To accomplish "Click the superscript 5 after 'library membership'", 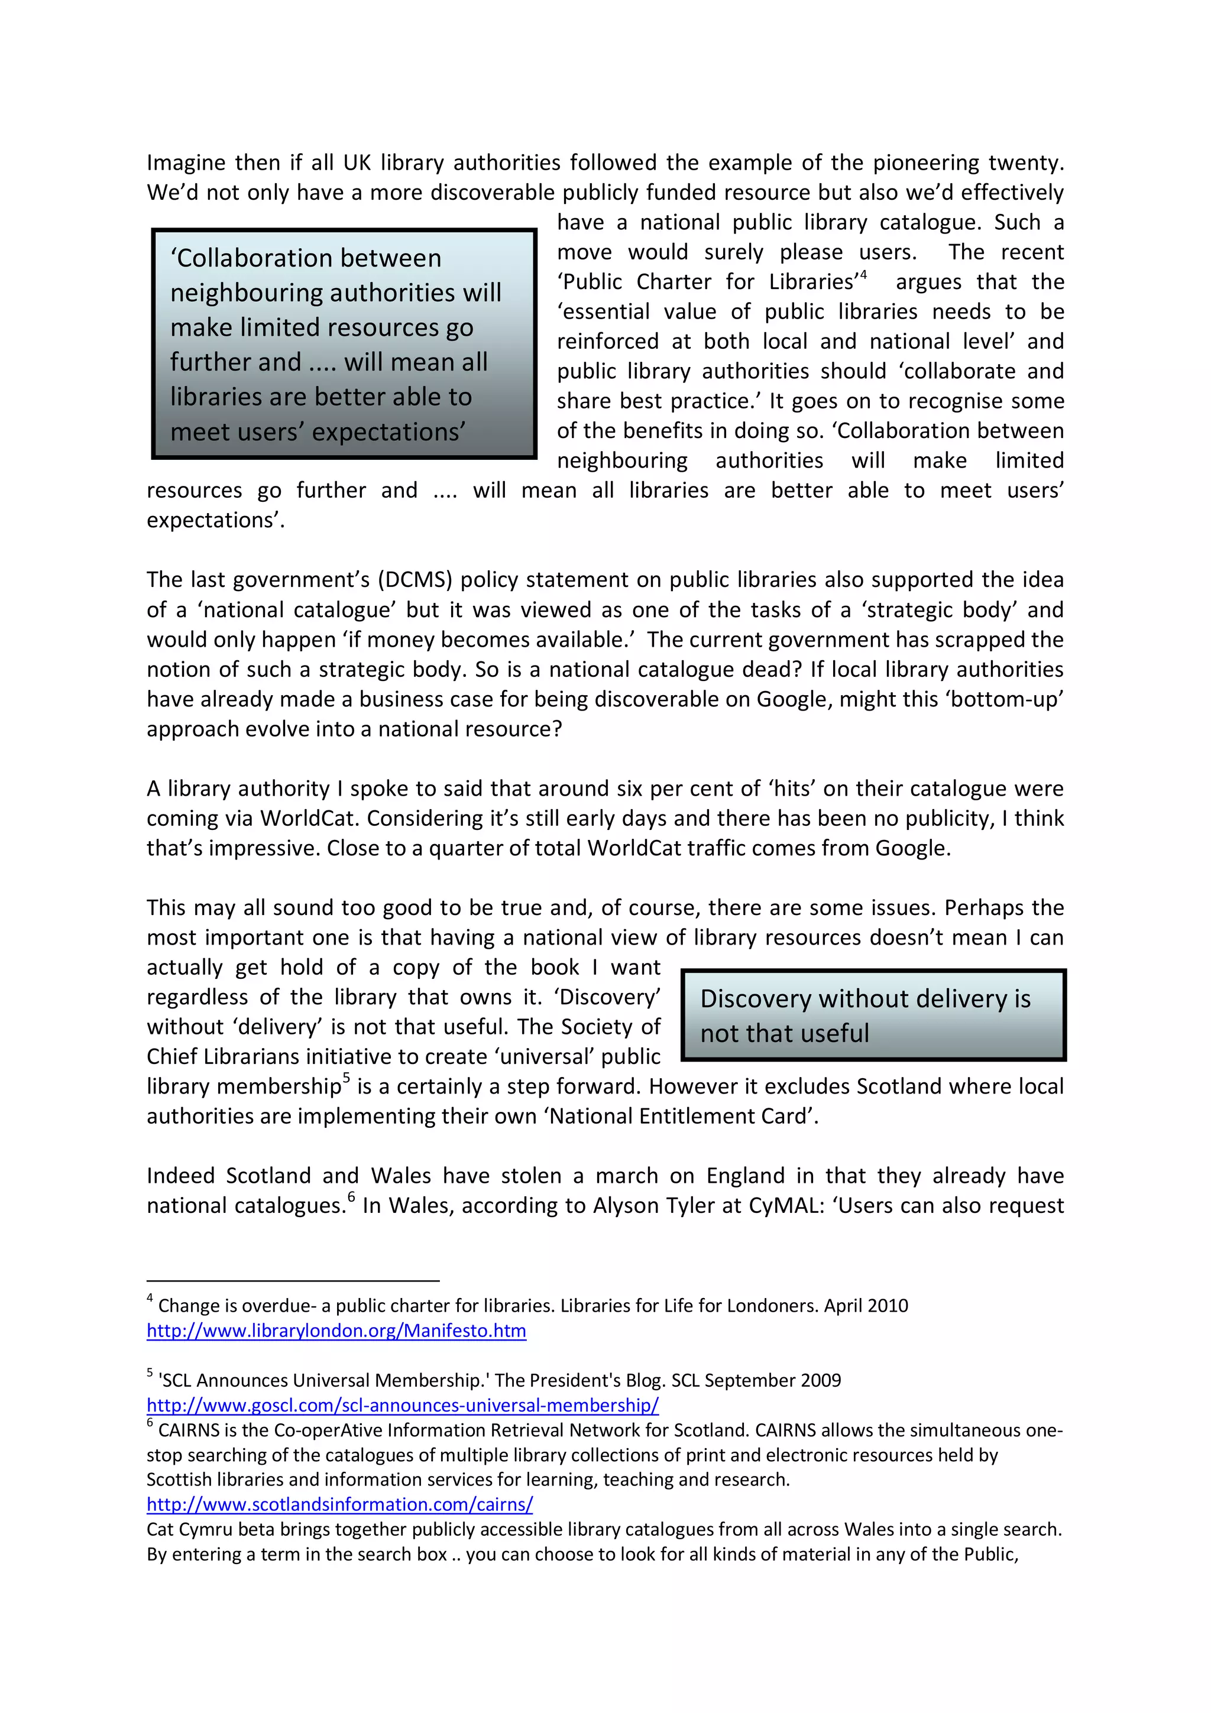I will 347,1078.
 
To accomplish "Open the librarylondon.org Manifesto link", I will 336,1331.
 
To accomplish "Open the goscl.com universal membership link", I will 402,1406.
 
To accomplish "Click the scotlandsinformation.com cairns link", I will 339,1505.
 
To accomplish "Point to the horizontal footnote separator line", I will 293,1281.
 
